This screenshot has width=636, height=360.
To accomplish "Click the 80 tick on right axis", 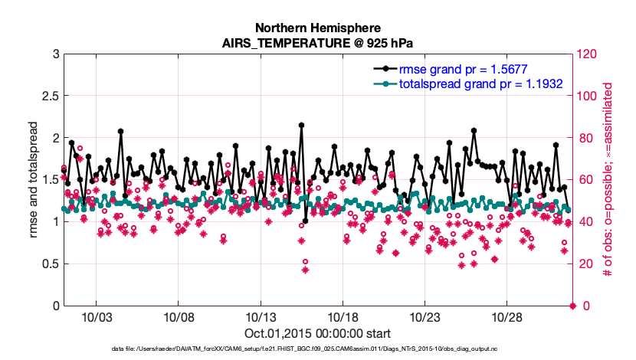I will [x=583, y=138].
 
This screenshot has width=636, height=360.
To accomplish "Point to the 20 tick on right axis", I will [x=583, y=264].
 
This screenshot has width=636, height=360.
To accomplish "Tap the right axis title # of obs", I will [x=609, y=180].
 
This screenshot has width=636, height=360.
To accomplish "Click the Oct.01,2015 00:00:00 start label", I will [x=317, y=333].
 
